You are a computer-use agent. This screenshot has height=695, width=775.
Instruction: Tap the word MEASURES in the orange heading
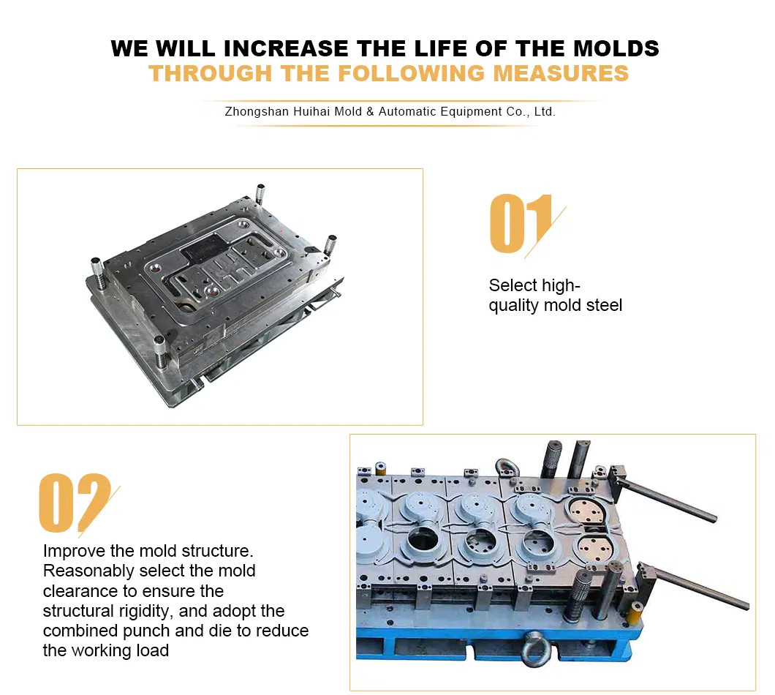pos(561,73)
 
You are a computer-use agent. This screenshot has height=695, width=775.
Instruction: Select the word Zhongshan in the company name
pos(257,112)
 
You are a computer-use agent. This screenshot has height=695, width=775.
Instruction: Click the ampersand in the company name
pos(370,112)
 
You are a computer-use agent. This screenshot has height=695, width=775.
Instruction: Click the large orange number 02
pos(74,503)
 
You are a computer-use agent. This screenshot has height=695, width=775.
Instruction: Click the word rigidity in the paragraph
pos(146,611)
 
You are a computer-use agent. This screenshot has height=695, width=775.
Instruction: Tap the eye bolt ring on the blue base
pos(537,648)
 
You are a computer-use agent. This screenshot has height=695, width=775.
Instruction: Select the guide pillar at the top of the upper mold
pos(260,194)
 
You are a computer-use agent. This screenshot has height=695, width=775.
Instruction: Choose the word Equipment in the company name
pos(471,112)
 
